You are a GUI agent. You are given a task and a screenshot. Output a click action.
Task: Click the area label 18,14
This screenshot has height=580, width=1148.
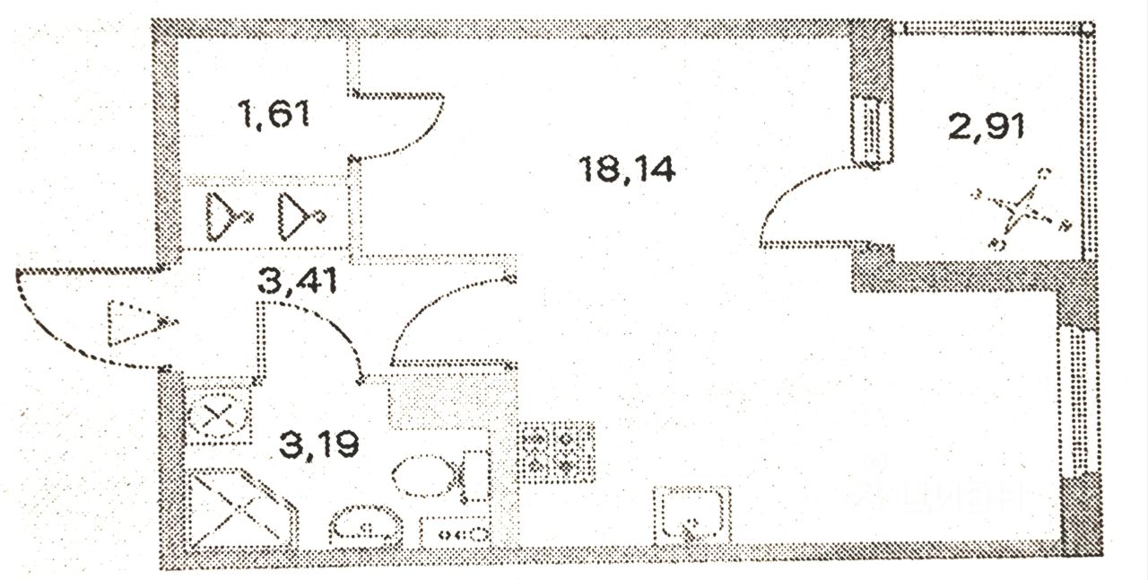[628, 169]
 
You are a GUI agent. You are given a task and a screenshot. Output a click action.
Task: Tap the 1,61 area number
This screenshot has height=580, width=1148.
[274, 115]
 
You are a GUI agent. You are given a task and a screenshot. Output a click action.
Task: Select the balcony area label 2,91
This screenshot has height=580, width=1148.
[987, 126]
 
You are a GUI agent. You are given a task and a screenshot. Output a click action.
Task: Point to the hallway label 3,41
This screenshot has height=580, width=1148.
[296, 282]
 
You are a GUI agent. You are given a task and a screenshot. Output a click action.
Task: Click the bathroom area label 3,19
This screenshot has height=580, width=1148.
[318, 443]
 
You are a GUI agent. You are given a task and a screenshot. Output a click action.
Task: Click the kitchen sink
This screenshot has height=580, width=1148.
[691, 514]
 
